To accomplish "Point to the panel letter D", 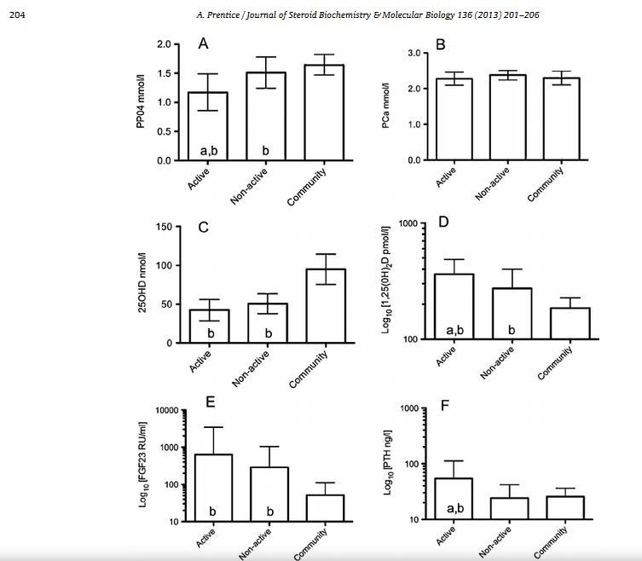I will (443, 223).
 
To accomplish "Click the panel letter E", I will (210, 402).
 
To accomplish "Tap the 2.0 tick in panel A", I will (164, 44).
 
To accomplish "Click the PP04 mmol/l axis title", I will (140, 102).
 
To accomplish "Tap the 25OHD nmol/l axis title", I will (142, 283).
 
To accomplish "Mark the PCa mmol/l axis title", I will (386, 106).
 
